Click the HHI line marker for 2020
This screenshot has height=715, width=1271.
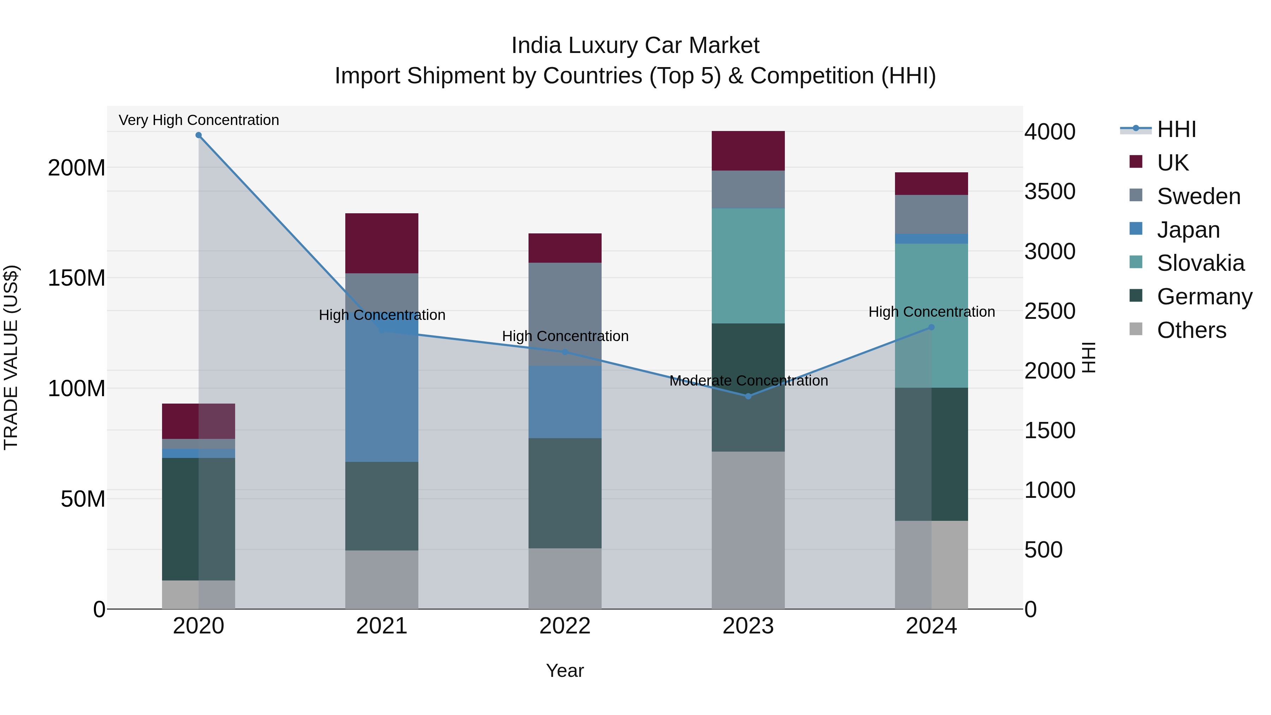click(198, 135)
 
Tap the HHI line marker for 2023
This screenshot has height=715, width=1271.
click(748, 396)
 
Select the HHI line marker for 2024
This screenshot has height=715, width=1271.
click(931, 327)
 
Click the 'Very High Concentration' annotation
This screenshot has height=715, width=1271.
click(199, 120)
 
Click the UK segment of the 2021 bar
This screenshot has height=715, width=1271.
click(381, 243)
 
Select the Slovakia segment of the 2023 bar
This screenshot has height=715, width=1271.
click(748, 266)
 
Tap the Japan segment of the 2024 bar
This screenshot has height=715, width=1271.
click(931, 239)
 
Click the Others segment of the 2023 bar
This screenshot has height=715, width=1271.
click(748, 530)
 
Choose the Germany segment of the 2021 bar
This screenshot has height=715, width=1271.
click(381, 506)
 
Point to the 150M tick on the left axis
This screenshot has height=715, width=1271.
click(77, 278)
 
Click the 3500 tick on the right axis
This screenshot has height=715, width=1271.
click(1050, 191)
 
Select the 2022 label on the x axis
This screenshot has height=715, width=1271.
click(565, 626)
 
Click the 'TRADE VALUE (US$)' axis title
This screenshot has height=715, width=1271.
click(11, 357)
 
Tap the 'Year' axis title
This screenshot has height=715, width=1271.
click(565, 671)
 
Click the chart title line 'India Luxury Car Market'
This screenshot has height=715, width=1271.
click(635, 46)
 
